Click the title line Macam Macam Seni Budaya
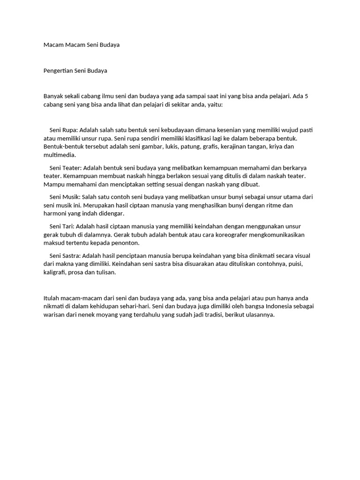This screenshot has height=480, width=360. click(x=81, y=45)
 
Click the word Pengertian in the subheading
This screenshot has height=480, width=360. click(x=58, y=71)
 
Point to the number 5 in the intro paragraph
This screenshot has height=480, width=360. click(x=306, y=96)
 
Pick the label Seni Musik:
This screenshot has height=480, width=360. click(x=65, y=197)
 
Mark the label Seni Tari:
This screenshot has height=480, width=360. click(x=62, y=226)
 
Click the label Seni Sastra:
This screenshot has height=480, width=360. click(x=65, y=256)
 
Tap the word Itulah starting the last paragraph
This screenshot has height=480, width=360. click(x=52, y=298)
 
